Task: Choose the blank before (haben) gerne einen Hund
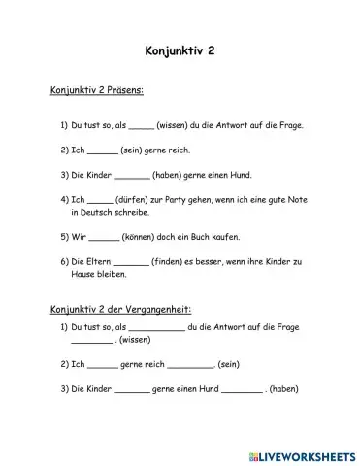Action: pyautogui.click(x=131, y=177)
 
